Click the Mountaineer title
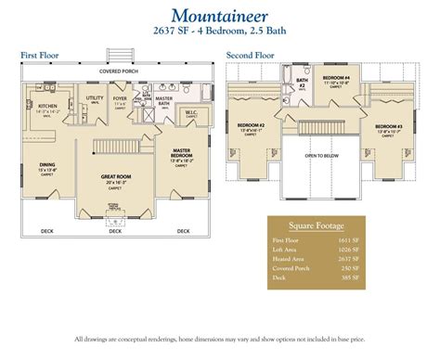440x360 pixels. pyautogui.click(x=220, y=15)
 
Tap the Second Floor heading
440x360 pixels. pyautogui.click(x=250, y=56)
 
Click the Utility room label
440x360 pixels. pyautogui.click(x=95, y=97)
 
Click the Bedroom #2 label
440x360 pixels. pyautogui.click(x=252, y=124)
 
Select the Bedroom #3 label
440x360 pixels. pyautogui.click(x=388, y=124)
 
